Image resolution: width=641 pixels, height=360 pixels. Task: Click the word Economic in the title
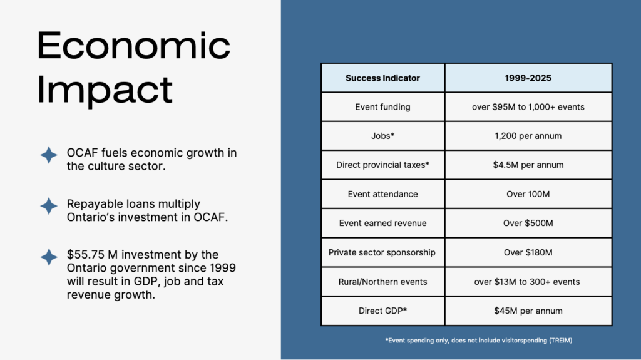pyautogui.click(x=134, y=46)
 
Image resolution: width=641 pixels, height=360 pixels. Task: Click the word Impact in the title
pyautogui.click(x=105, y=90)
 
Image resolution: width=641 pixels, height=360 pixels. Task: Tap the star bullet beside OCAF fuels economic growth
pyautogui.click(x=49, y=155)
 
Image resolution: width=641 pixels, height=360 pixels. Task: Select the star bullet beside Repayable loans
pyautogui.click(x=49, y=206)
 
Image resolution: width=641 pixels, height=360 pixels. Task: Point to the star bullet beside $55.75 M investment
pyautogui.click(x=49, y=257)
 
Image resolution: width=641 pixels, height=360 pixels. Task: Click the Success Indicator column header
pyautogui.click(x=382, y=78)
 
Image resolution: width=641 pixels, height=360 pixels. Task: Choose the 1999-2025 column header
pyautogui.click(x=528, y=78)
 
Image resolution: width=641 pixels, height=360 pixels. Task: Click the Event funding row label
pyautogui.click(x=382, y=107)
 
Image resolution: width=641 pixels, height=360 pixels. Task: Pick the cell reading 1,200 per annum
pyautogui.click(x=528, y=136)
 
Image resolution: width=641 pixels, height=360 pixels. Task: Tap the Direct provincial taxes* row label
pyautogui.click(x=382, y=165)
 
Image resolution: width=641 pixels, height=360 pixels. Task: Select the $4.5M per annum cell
pyautogui.click(x=528, y=165)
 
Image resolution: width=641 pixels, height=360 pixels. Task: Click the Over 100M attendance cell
pyautogui.click(x=528, y=194)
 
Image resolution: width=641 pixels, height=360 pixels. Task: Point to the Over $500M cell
pyautogui.click(x=528, y=224)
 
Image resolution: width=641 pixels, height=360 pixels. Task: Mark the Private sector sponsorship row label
pyautogui.click(x=382, y=252)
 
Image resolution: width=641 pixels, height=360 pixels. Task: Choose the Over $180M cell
pyautogui.click(x=528, y=252)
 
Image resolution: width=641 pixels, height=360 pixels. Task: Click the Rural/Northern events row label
pyautogui.click(x=382, y=282)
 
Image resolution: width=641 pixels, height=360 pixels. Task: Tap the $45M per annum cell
pyautogui.click(x=528, y=311)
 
